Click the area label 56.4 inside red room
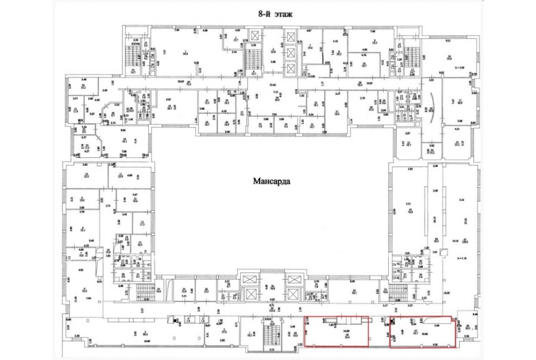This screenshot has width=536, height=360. click(346, 336)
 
